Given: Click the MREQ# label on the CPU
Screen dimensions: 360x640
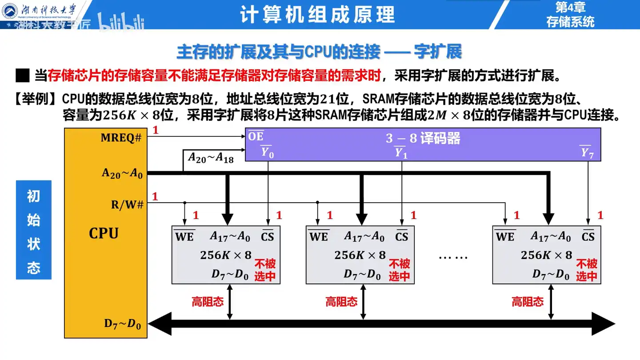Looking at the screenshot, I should coord(121,138).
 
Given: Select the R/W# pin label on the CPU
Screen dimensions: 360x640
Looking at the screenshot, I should coord(127,205).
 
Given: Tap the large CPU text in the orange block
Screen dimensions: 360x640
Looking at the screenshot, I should coord(104,233).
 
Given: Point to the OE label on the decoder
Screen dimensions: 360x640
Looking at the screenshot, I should coord(256,136).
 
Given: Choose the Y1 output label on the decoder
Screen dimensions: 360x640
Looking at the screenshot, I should coord(401,153).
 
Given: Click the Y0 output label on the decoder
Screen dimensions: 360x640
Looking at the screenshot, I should coord(267,152).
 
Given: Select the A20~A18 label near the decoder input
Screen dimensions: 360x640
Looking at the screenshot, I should coord(210,157).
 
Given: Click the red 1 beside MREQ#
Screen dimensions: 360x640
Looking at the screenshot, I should coord(155,130).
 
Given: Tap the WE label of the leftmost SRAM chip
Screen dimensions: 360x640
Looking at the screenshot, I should coord(184,237).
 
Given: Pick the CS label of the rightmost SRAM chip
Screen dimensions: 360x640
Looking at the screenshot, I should coord(588,236).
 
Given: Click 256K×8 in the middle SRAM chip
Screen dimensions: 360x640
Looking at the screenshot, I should coord(360,255).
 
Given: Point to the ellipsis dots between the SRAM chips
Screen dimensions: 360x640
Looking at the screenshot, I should coord(453,257).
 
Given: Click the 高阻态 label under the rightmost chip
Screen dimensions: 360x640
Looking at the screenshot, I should coord(527,302).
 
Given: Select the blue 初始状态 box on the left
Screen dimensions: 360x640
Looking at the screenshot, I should coord(34,230).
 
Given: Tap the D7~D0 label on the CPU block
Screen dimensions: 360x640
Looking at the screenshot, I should coord(123,324).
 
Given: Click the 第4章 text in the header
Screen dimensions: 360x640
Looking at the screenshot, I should coord(570,7).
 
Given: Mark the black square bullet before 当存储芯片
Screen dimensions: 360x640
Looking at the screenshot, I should coord(22,76).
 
